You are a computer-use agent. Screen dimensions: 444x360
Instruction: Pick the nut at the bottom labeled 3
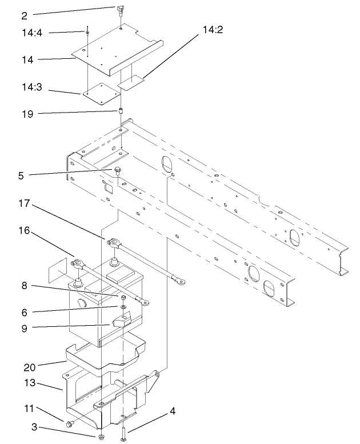tap(101, 437)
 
